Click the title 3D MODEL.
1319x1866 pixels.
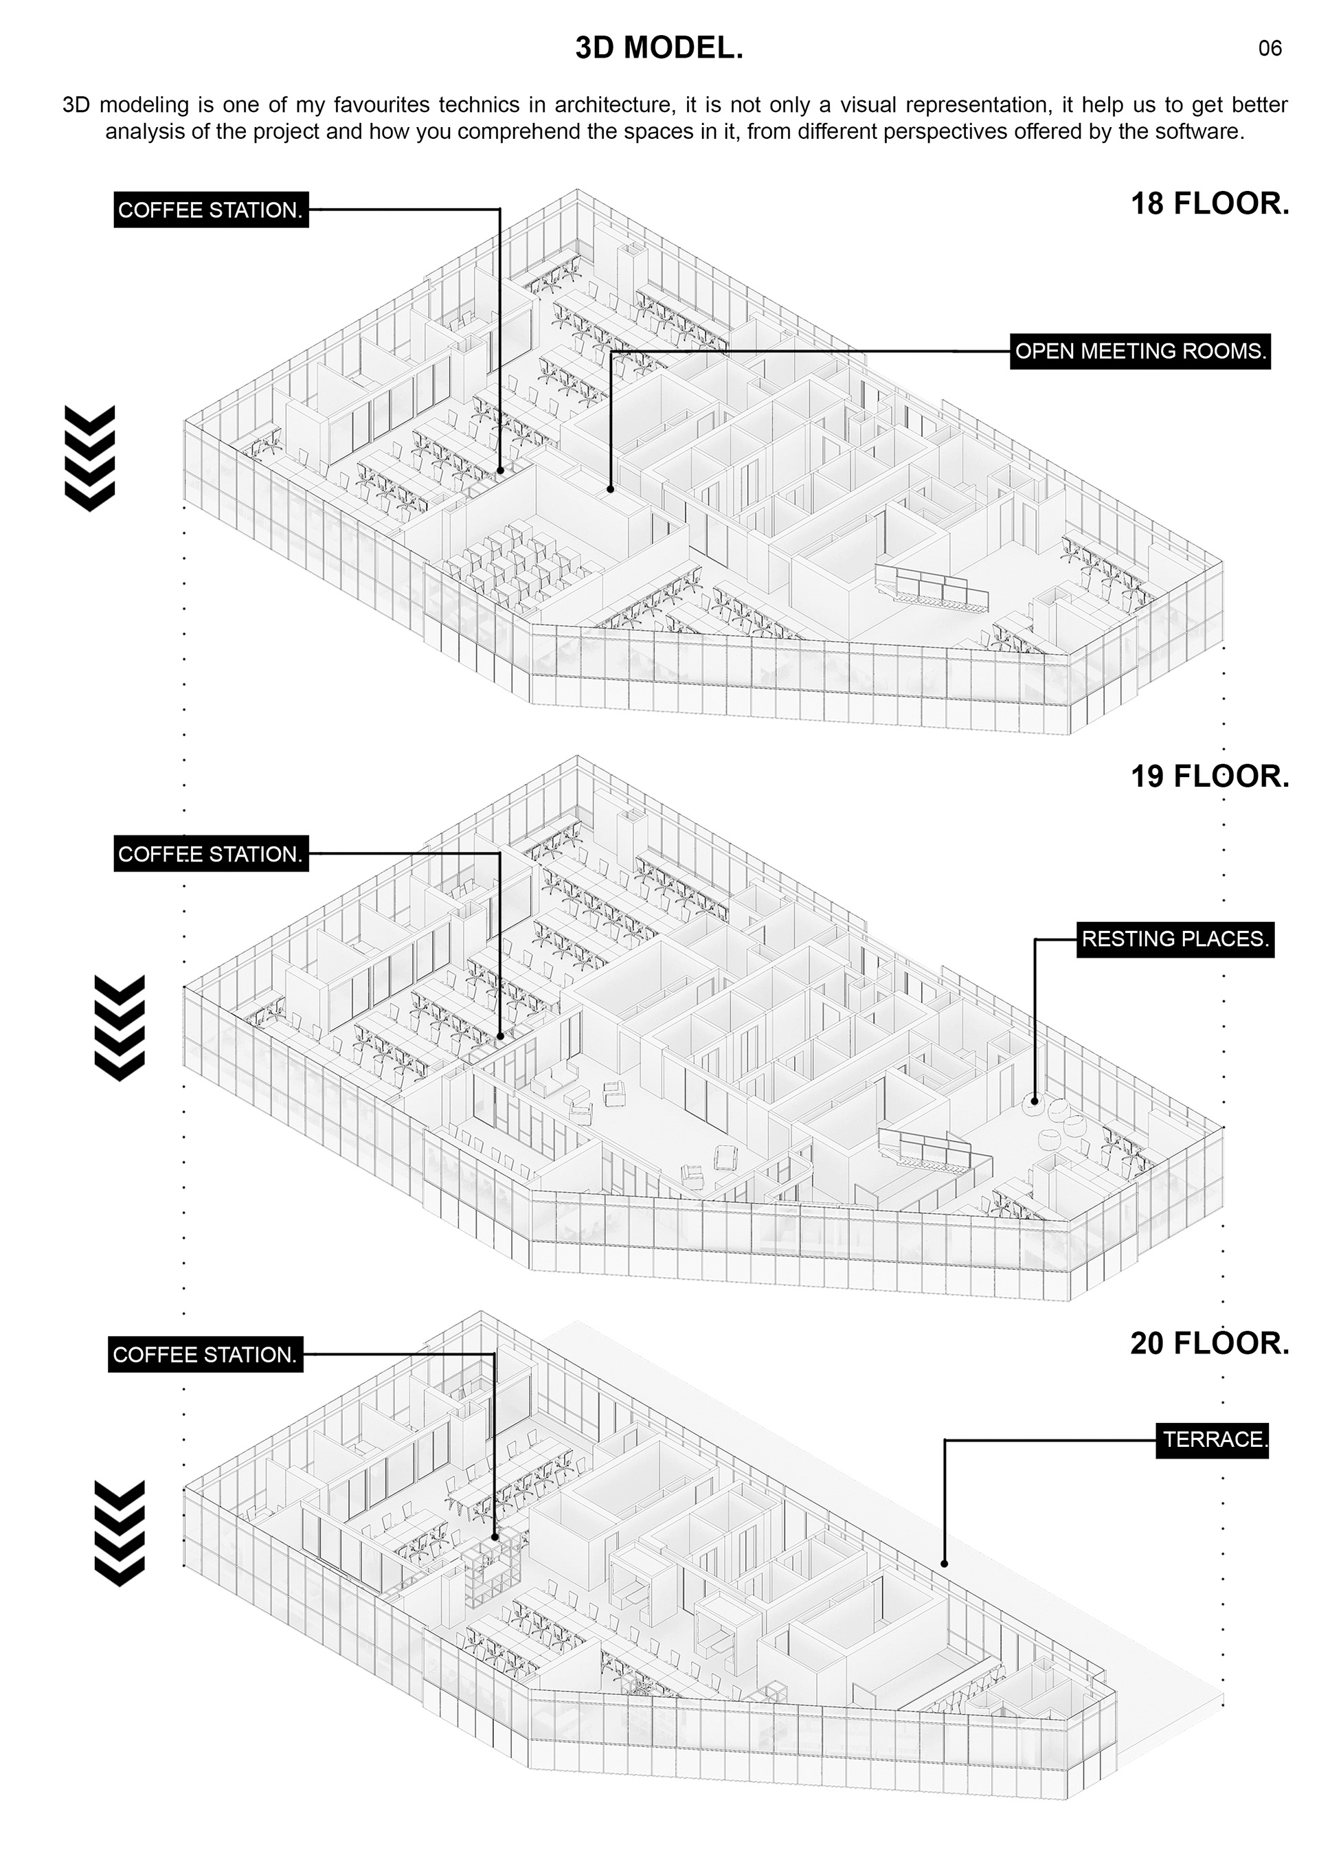[659, 49]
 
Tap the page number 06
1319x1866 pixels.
[1270, 49]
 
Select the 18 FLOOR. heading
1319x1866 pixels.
[1209, 204]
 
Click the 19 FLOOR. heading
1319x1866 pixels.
[1209, 777]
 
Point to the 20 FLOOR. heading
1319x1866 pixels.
[1209, 1343]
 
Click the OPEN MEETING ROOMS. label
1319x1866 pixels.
[1140, 352]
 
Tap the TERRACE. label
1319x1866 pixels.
[1213, 1440]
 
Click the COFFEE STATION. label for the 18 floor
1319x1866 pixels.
[210, 210]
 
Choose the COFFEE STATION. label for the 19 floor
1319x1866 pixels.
[210, 854]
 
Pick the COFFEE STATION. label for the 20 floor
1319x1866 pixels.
[205, 1355]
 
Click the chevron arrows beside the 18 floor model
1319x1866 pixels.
[89, 458]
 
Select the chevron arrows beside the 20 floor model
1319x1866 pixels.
[120, 1533]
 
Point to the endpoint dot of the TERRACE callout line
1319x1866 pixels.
[945, 1563]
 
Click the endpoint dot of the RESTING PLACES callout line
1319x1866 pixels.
[1035, 1101]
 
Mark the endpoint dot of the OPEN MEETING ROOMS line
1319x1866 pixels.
[610, 489]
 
